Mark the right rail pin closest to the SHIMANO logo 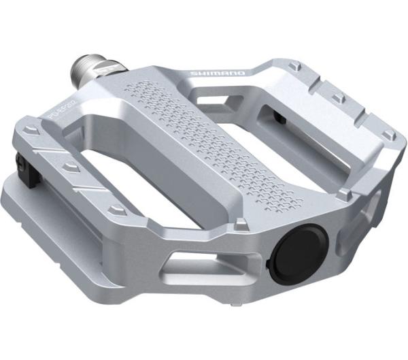pos(293,66)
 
